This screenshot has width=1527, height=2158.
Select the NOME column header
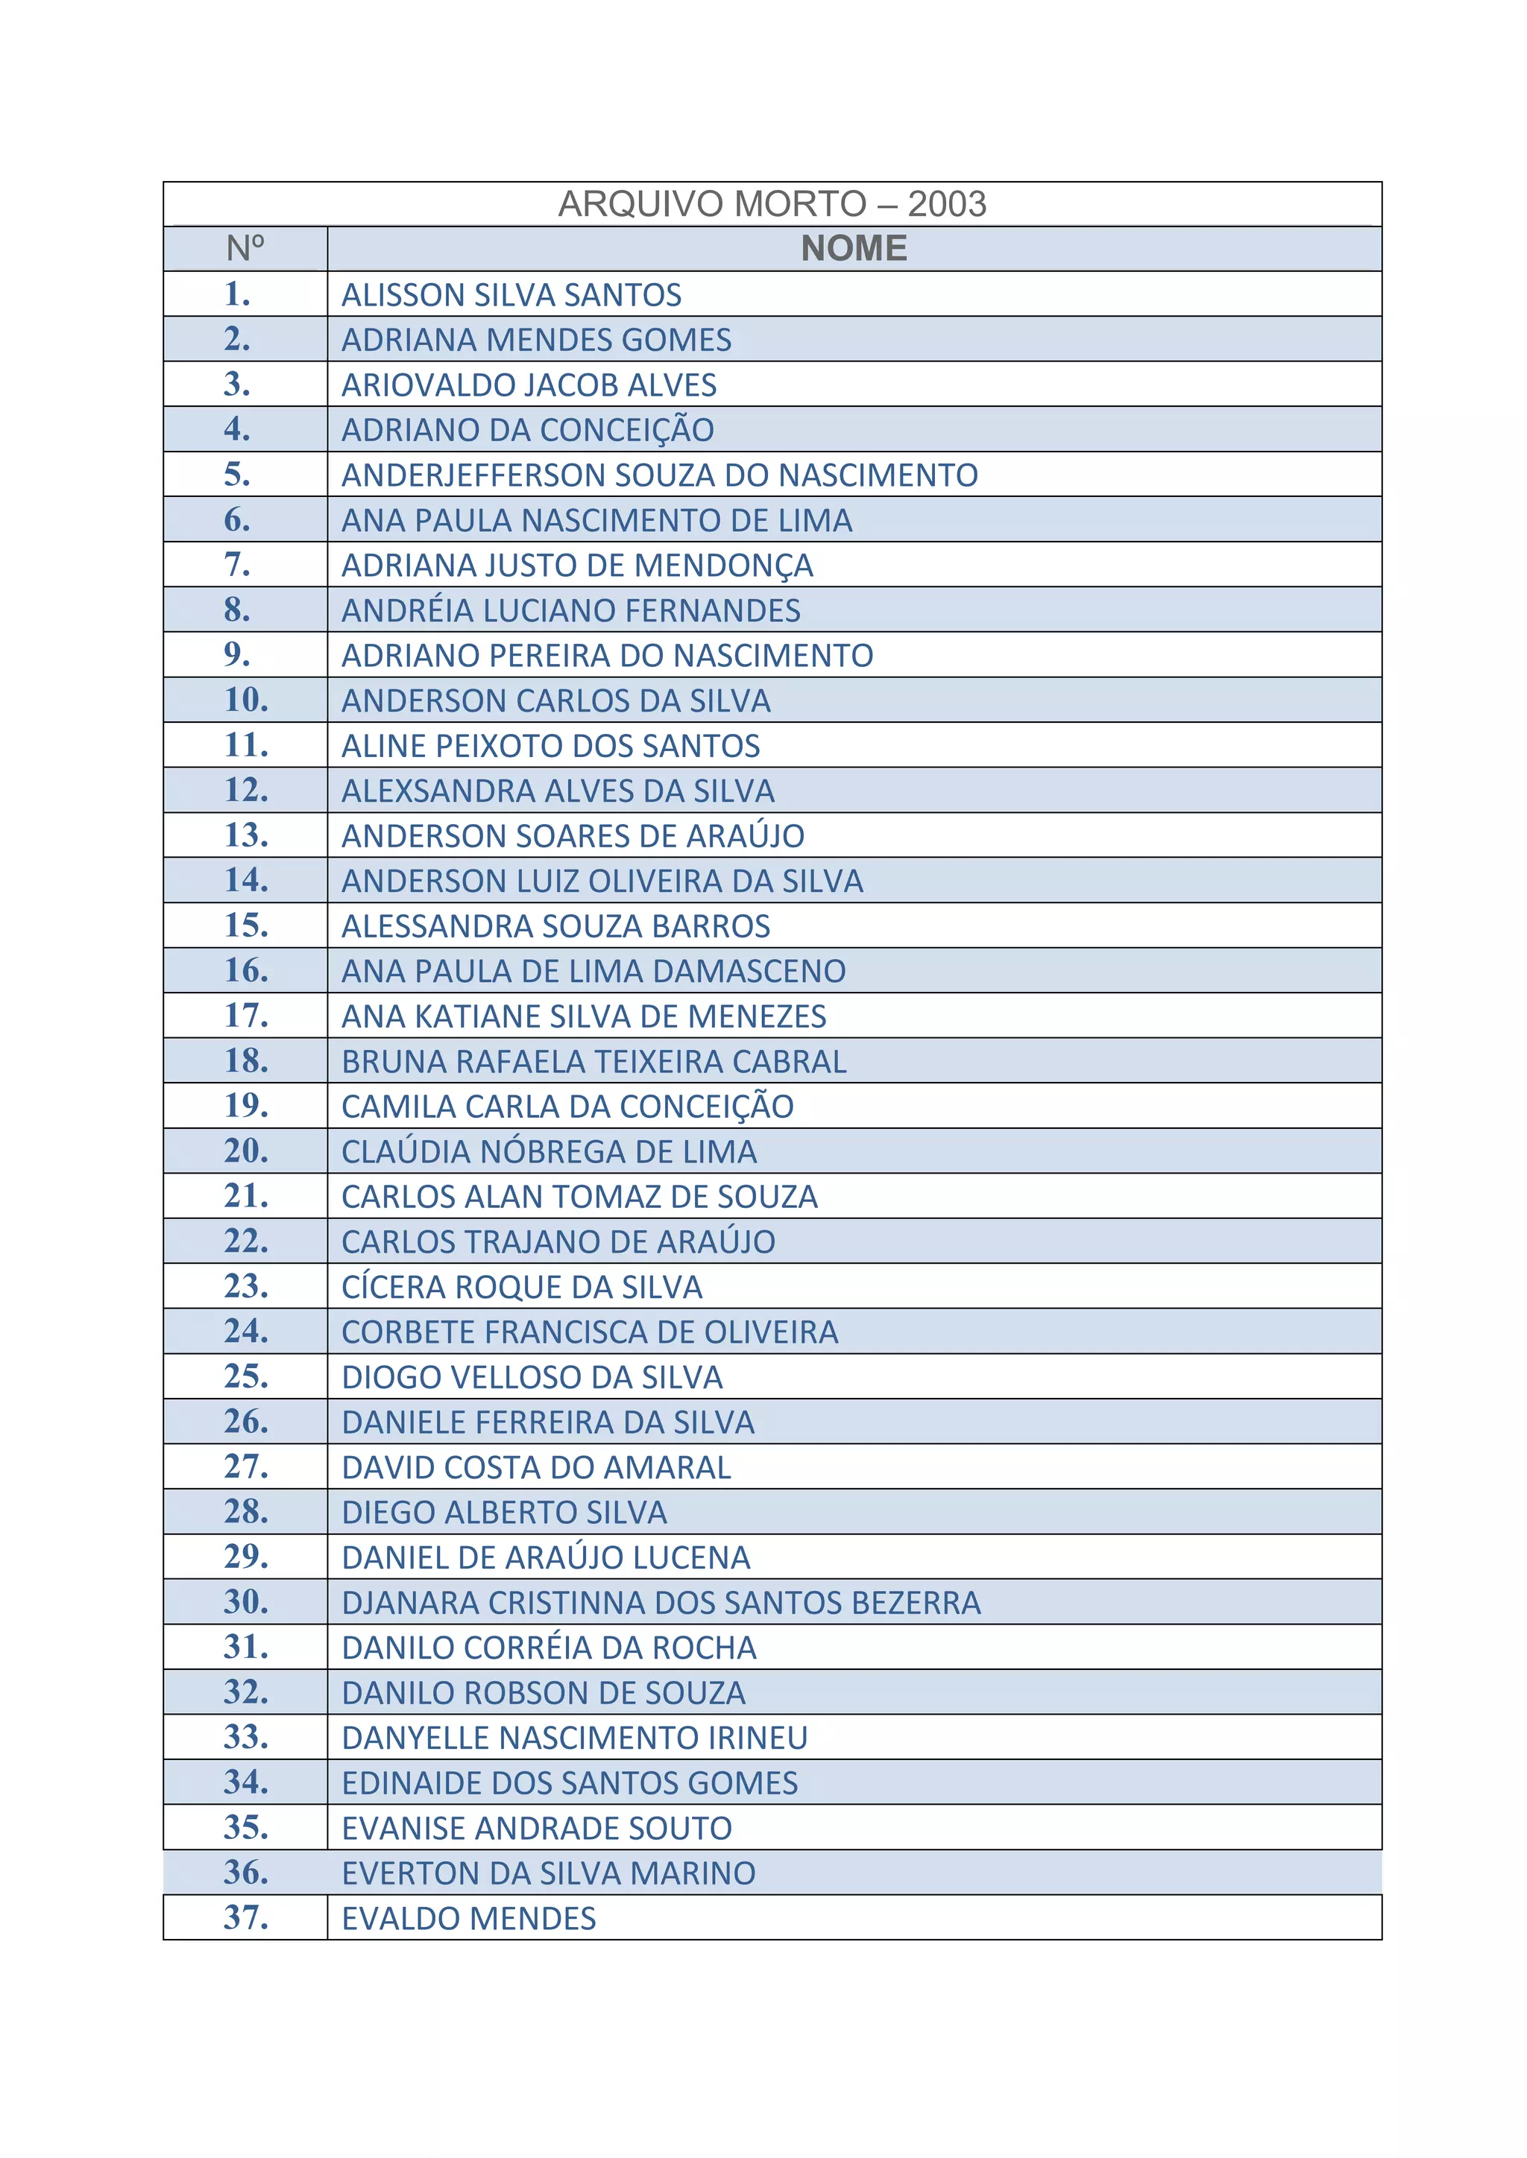[x=854, y=249]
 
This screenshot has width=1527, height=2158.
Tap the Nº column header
[x=245, y=249]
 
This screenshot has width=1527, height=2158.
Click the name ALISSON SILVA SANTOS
[x=511, y=295]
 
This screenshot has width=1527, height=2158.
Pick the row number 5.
[x=238, y=475]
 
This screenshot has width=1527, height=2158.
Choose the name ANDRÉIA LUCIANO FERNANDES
[x=570, y=611]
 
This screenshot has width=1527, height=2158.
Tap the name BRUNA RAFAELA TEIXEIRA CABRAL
[x=594, y=1062]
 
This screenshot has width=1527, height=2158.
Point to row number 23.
[x=246, y=1285]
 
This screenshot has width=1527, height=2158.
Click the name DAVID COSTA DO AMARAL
[x=536, y=1468]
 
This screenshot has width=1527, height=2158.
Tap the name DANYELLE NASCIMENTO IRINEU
[x=575, y=1738]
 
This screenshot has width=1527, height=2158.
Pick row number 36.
[x=246, y=1873]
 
